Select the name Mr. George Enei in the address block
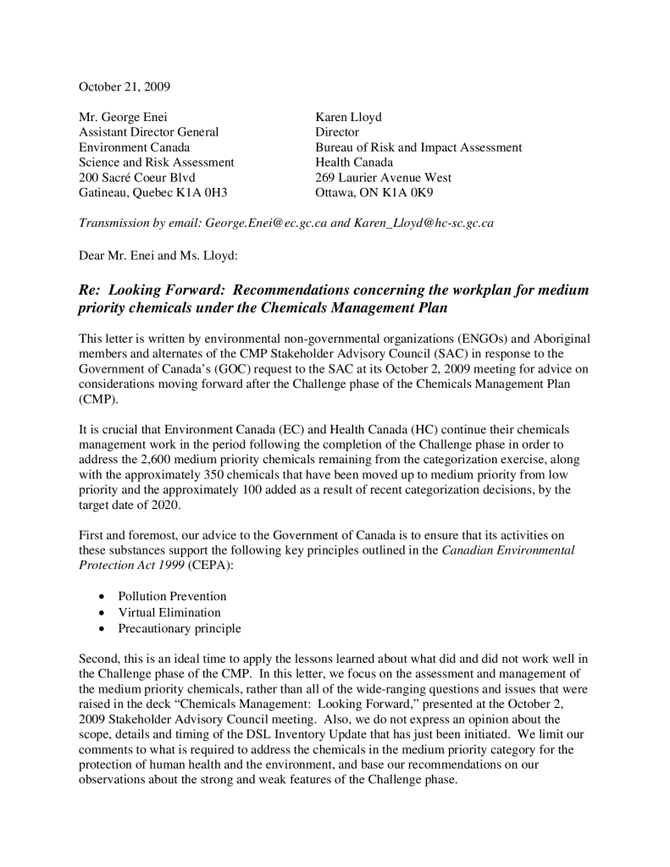pos(129,117)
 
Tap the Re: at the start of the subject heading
pos(91,290)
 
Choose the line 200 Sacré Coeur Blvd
pos(137,178)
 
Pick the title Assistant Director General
pos(148,132)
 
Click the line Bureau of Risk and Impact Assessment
pos(418,147)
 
